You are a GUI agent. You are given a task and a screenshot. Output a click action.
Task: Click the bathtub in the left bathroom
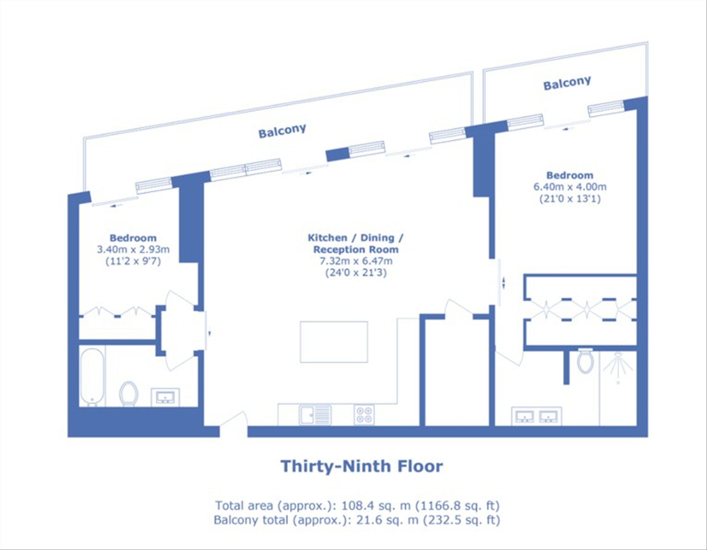[x=92, y=377]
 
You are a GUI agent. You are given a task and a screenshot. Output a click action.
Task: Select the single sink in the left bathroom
[x=165, y=397]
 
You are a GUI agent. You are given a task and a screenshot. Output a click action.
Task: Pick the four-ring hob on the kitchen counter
[x=364, y=415]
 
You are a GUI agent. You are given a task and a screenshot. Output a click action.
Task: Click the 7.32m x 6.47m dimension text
[x=356, y=261]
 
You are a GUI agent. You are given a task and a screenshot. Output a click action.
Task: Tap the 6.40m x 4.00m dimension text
[x=570, y=187]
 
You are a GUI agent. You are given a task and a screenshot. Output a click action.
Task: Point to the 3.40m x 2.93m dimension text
[x=133, y=249]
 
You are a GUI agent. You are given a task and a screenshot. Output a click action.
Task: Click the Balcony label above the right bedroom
[x=567, y=83]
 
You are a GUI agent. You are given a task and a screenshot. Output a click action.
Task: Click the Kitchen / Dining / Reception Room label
[x=356, y=244]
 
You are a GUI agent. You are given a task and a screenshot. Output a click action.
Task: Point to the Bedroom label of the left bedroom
[x=133, y=238]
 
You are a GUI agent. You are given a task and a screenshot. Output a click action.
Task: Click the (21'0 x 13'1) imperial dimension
[x=570, y=198]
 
